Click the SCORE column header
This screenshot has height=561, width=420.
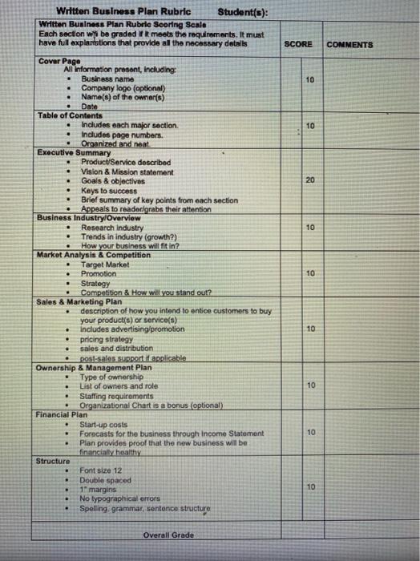click(x=298, y=44)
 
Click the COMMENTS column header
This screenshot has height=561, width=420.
click(x=349, y=45)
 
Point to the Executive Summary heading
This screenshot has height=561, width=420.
click(x=74, y=152)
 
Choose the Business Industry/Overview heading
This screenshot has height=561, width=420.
click(x=89, y=218)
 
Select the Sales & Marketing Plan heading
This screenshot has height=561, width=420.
click(x=79, y=301)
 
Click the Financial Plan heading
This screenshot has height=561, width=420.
click(x=62, y=414)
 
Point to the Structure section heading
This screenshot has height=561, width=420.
click(x=53, y=461)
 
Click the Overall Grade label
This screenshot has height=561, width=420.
click(x=169, y=535)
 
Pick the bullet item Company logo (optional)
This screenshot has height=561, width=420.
click(x=119, y=88)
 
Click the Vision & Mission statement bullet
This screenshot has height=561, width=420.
click(x=127, y=172)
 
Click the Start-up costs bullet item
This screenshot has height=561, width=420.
click(x=103, y=424)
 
